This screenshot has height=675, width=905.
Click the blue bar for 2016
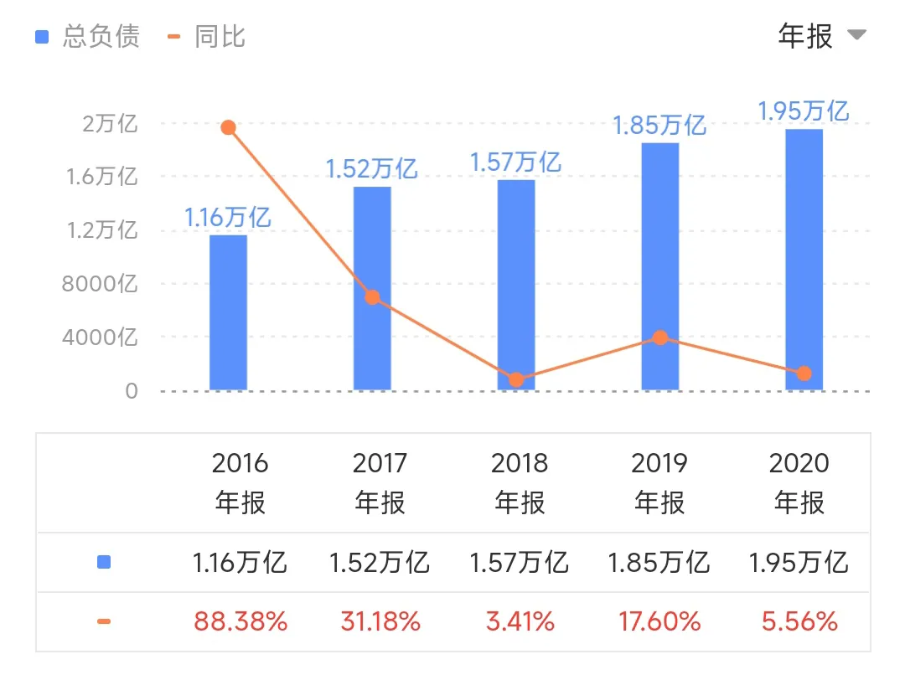click(228, 312)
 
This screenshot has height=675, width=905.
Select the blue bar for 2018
click(516, 285)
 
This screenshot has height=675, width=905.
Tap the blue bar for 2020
click(804, 260)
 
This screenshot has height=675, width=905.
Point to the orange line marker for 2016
click(228, 127)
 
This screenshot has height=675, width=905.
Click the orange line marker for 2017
click(372, 297)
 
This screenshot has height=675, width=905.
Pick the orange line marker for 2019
click(660, 337)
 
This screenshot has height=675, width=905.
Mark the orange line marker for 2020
click(804, 374)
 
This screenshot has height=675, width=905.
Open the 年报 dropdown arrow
click(856, 35)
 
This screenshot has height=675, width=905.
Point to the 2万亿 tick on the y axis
click(110, 124)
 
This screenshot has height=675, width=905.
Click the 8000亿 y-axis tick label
click(100, 284)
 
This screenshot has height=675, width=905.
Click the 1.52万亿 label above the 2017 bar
click(371, 169)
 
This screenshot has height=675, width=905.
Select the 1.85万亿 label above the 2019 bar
click(659, 126)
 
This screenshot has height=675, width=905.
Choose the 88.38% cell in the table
click(241, 621)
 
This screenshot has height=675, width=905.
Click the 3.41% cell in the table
click(520, 621)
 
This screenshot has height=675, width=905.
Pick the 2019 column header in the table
click(659, 482)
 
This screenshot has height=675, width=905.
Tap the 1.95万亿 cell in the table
click(799, 563)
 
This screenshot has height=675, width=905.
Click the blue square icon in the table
click(104, 563)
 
